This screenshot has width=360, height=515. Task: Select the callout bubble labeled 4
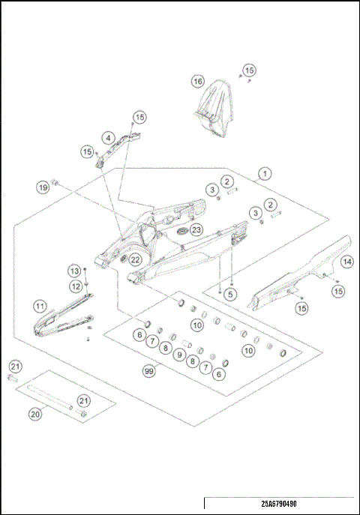pyautogui.click(x=109, y=138)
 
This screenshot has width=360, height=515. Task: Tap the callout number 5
pyautogui.click(x=231, y=295)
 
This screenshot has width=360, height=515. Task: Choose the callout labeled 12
pyautogui.click(x=75, y=286)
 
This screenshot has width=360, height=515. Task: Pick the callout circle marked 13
pyautogui.click(x=75, y=271)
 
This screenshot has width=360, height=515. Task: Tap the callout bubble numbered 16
pyautogui.click(x=197, y=81)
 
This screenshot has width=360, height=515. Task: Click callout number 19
pyautogui.click(x=43, y=186)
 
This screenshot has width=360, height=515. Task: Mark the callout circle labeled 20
pyautogui.click(x=34, y=413)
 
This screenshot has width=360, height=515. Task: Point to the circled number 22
pyautogui.click(x=134, y=259)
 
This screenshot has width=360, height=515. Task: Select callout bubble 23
pyautogui.click(x=196, y=229)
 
